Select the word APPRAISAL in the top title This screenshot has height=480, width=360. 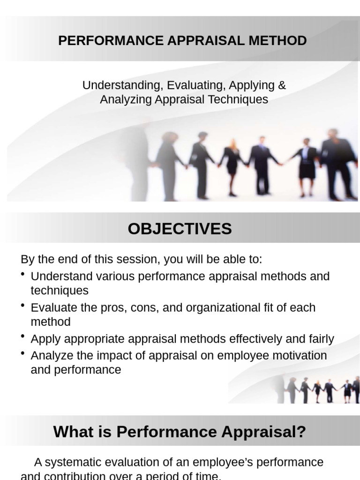(206, 41)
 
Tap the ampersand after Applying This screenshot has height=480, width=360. (282, 85)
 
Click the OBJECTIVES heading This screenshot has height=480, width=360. (180, 229)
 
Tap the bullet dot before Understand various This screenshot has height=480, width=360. (23, 274)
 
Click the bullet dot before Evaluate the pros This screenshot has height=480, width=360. (23, 306)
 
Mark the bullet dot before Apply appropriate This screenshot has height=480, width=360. (23, 337)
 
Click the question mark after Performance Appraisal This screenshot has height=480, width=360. (301, 432)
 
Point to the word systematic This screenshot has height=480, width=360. (71, 462)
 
